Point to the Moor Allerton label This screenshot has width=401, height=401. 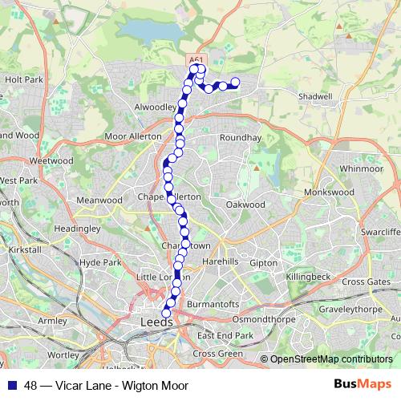133,137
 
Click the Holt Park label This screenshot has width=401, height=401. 23,80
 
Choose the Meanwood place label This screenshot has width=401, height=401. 98,200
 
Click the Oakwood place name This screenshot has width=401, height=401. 245,205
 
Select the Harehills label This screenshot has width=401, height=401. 221,262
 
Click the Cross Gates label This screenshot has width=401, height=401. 365,282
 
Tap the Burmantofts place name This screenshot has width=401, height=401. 213,305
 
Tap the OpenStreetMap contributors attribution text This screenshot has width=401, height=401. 331,359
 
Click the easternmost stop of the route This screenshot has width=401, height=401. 236,83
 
